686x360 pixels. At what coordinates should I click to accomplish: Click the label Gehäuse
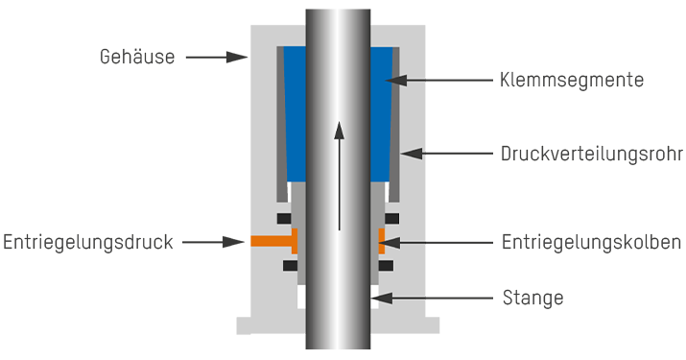pyautogui.click(x=136, y=58)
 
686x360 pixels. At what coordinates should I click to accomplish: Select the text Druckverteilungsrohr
pyautogui.click(x=591, y=154)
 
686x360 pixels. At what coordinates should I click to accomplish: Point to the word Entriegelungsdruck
pyautogui.click(x=87, y=242)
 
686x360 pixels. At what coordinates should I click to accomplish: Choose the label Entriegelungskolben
pyautogui.click(x=591, y=242)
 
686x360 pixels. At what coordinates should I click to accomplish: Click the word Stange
pyautogui.click(x=532, y=299)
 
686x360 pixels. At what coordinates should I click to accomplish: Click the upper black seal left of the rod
pyautogui.click(x=285, y=218)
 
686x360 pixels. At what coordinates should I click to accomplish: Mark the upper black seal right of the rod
pyautogui.click(x=388, y=218)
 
